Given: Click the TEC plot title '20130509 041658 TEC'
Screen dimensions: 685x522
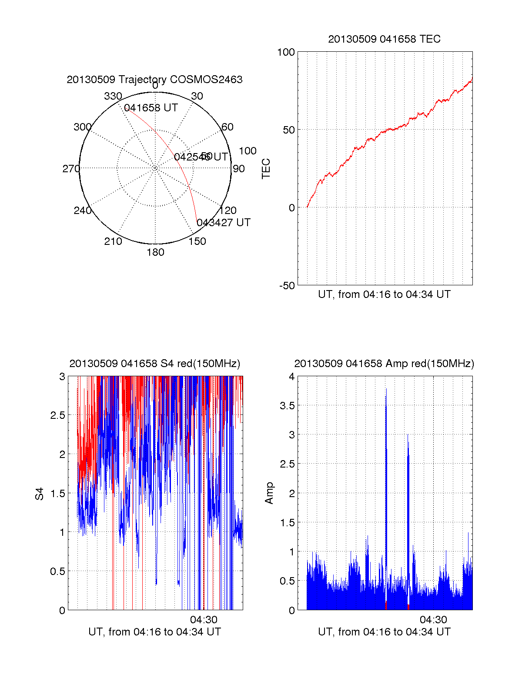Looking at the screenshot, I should (384, 39).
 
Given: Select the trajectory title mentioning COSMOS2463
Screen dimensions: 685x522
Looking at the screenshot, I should (154, 80).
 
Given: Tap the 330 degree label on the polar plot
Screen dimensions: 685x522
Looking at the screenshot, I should (113, 96).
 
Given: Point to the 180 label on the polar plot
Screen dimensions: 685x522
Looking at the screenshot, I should (155, 252).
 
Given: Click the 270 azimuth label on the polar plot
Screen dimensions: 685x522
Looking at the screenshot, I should (71, 169).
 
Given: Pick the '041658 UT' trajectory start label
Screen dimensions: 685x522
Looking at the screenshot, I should (151, 108).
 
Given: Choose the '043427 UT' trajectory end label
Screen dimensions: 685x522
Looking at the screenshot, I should (224, 223).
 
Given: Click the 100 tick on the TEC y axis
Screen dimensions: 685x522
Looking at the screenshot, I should (286, 52).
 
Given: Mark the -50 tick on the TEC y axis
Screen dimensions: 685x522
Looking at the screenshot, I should (287, 286).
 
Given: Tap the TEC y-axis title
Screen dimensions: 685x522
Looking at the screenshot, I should (266, 169).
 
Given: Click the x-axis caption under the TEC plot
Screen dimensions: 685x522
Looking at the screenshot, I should (384, 294).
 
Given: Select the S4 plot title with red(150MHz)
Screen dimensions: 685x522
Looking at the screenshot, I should (154, 364).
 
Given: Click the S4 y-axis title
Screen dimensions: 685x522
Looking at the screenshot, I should (40, 494).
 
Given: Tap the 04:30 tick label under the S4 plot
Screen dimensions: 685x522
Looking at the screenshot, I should (204, 620).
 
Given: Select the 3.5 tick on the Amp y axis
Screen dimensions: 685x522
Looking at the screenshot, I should (286, 406).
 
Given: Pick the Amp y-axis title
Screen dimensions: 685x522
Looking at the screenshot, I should (270, 493).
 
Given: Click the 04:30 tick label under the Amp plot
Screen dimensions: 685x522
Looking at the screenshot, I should (433, 620).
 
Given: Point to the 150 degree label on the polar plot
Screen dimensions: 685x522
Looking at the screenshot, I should (197, 241).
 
